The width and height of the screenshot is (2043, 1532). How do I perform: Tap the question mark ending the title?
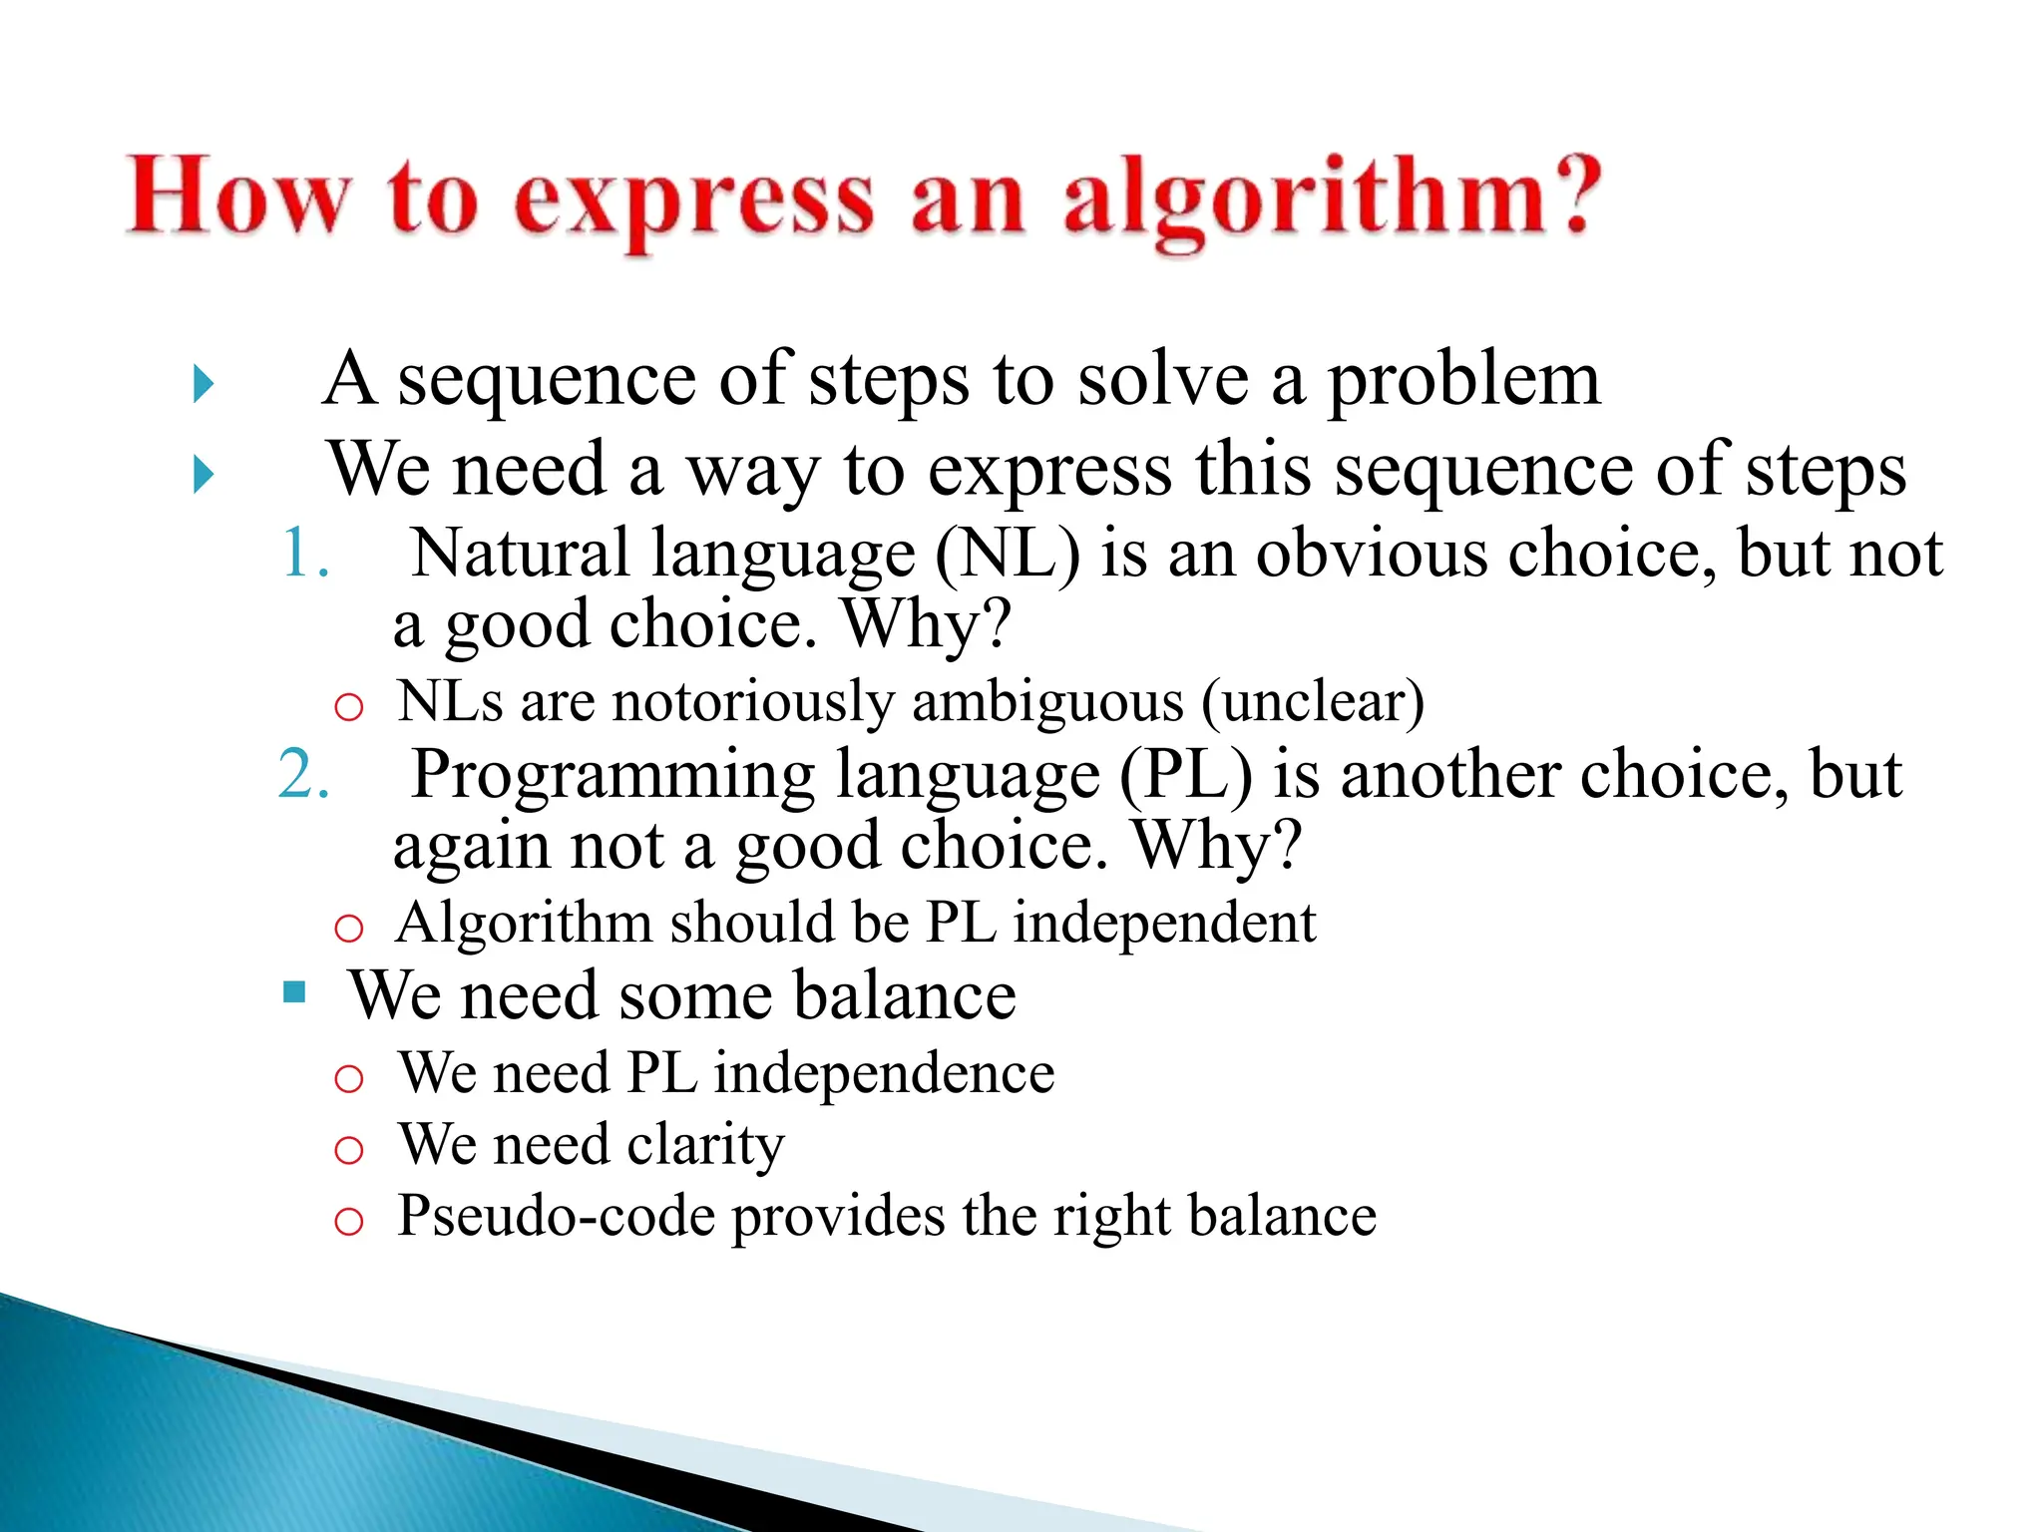tap(1570, 195)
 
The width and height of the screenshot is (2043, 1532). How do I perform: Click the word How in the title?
tap(239, 197)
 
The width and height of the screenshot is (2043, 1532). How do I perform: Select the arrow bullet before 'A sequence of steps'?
tap(204, 384)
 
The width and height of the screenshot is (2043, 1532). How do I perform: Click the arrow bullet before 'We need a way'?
tap(204, 475)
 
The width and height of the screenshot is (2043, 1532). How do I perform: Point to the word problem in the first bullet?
tap(1463, 381)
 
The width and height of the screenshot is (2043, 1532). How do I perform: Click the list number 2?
tap(303, 775)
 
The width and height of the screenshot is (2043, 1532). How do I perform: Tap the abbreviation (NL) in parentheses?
tap(1008, 554)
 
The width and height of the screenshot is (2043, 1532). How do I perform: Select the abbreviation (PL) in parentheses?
tap(1185, 775)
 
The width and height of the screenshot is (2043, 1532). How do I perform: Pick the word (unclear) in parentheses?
tap(1313, 702)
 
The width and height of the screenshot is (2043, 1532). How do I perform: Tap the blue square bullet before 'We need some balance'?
tap(294, 991)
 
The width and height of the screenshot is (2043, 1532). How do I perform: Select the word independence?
tap(884, 1074)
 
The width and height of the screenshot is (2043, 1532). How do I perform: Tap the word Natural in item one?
tap(519, 554)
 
